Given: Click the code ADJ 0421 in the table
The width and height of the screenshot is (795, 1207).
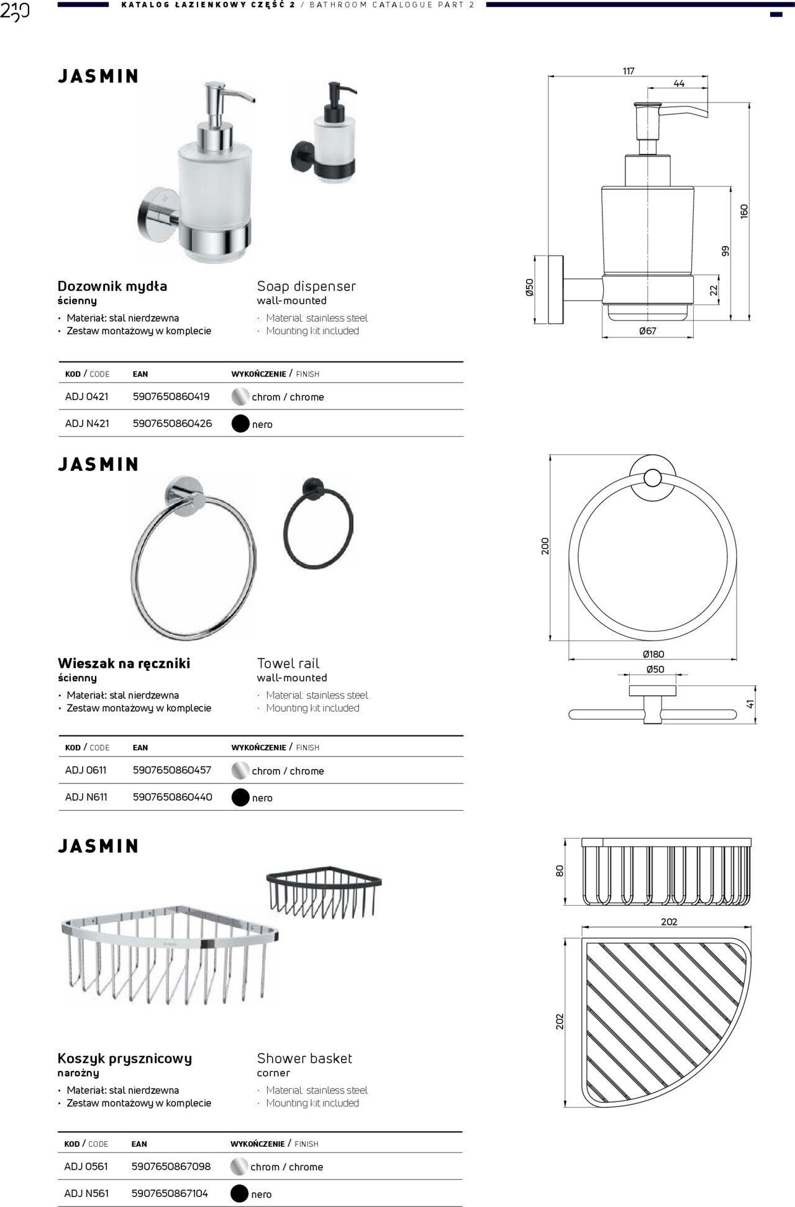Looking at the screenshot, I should pos(87,396).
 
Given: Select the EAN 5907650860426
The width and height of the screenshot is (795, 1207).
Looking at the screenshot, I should pos(172,424).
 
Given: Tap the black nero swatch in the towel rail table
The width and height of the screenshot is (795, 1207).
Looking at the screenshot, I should pos(240,798).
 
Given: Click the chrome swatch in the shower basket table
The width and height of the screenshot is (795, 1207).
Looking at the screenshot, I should pos(239,1167).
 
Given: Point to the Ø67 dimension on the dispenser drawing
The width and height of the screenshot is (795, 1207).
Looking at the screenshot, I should pos(648,331).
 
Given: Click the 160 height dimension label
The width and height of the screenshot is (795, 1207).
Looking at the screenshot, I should pos(744,211).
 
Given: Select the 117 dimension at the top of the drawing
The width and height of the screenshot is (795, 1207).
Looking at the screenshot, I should pos(629,71).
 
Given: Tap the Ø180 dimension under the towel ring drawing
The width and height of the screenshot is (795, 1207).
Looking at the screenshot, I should pos(653,654).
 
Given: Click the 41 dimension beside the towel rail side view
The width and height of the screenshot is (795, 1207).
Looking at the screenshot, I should pos(750,704).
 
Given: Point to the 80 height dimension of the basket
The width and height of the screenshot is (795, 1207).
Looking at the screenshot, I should pos(560,871).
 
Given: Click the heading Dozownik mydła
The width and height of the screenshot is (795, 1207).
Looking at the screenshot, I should pos(112,286).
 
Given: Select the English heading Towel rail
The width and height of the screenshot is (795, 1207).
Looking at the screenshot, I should pos(288,663).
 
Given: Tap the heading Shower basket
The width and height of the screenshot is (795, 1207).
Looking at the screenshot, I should pos(304,1059).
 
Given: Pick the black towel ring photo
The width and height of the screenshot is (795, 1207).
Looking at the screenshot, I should pos(317,522).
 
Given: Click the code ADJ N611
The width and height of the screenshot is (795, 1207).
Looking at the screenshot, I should pos(86,797).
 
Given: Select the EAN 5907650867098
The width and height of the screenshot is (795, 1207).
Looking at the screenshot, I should pos(171,1167).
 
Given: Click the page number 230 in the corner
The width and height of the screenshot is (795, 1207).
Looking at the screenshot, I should pos(15,12).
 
